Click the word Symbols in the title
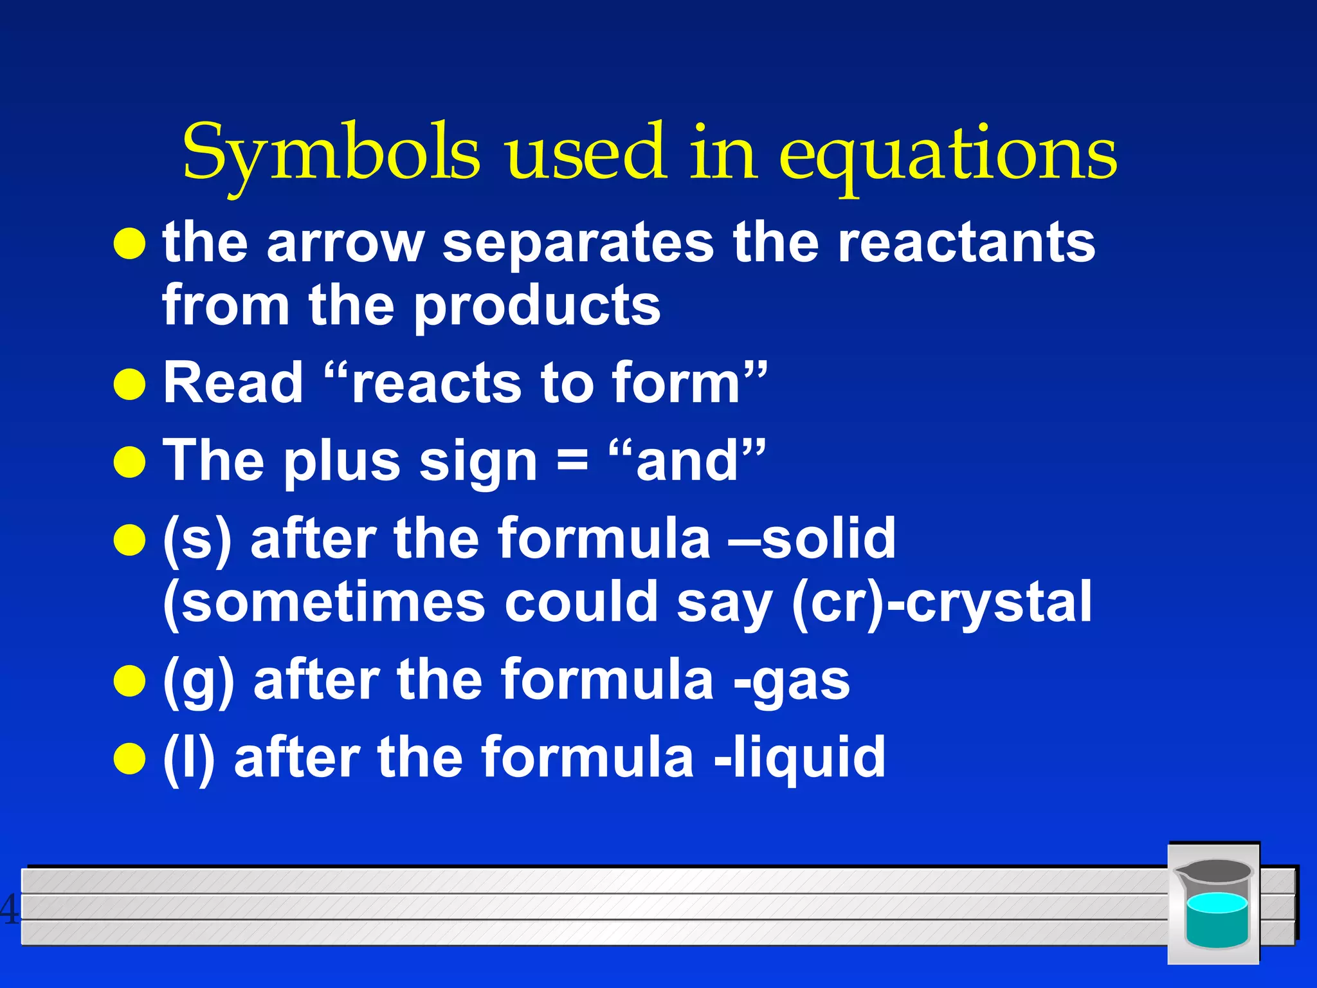(331, 153)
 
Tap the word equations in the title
(949, 154)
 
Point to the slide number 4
(9, 909)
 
